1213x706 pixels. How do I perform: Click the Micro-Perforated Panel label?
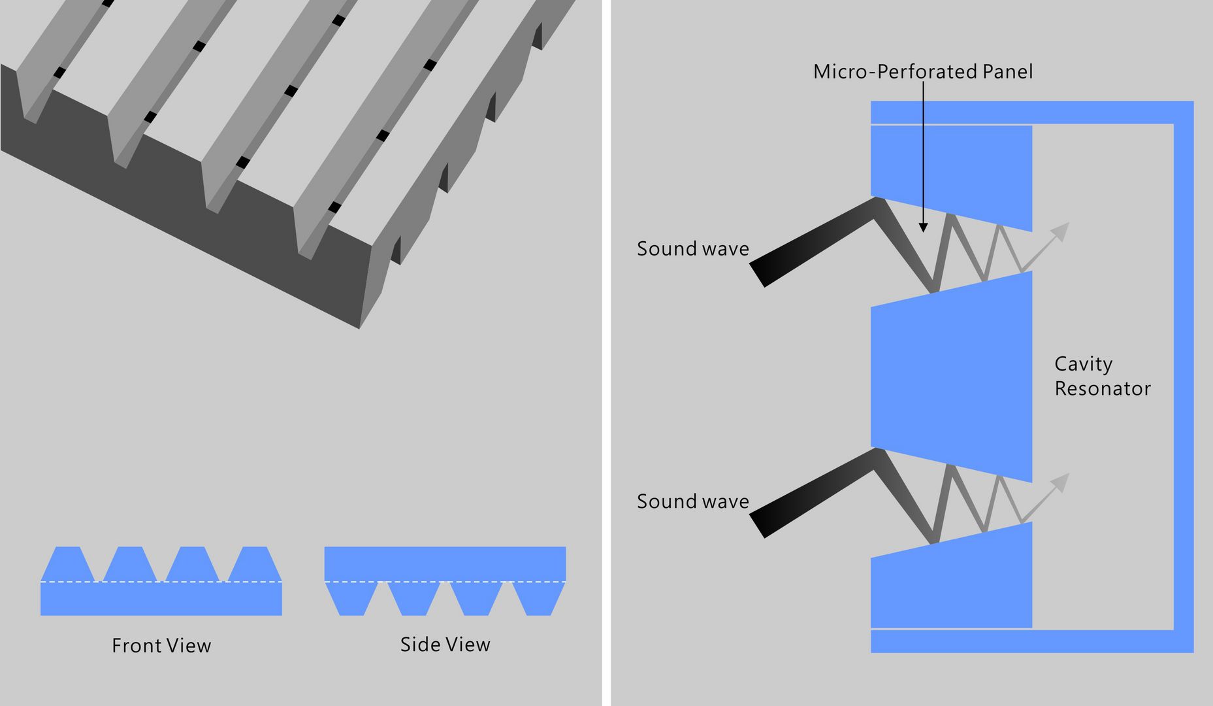[922, 71]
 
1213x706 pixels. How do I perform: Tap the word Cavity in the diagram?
[1083, 363]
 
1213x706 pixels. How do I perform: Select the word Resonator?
[1102, 388]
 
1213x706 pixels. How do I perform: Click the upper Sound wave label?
[692, 248]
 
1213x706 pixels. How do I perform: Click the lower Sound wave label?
[692, 501]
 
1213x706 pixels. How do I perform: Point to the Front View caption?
[161, 645]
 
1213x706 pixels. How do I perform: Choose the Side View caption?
[445, 645]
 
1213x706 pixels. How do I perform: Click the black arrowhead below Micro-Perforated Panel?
[923, 227]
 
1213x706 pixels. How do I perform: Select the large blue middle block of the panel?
[951, 379]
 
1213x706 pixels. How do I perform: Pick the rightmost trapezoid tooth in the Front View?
[255, 563]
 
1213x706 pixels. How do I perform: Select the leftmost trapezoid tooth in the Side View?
[349, 599]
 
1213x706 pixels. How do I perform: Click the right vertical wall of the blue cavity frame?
[1183, 376]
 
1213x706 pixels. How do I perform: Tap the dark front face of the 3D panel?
[196, 216]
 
